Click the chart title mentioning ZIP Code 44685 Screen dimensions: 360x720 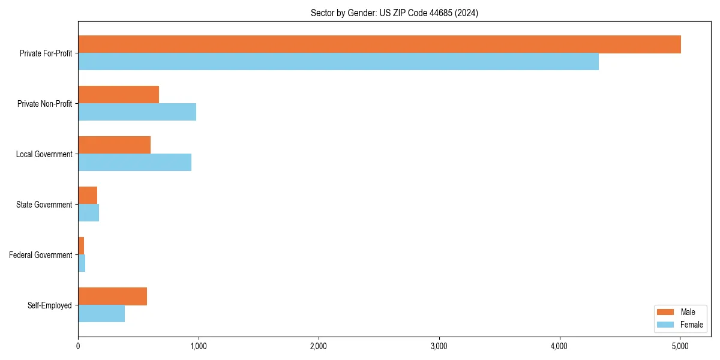(394, 13)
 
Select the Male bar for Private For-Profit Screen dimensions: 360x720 (379, 44)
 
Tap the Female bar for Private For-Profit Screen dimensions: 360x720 (338, 62)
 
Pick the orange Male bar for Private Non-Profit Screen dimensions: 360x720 (118, 95)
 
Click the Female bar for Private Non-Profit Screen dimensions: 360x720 (137, 112)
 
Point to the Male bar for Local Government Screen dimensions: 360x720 (114, 145)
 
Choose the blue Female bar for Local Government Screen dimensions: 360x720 (134, 163)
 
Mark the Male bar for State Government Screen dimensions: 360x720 (88, 196)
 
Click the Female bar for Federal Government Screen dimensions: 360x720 (82, 263)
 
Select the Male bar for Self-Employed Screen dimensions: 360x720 (112, 296)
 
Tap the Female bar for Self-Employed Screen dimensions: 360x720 (101, 314)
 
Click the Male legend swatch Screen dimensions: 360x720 (666, 312)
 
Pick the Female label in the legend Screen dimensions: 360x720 (691, 325)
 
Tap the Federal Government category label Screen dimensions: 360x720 (41, 255)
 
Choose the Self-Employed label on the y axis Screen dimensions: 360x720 (50, 305)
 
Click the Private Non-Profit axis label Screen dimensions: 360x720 (44, 104)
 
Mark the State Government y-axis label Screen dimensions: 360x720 (44, 205)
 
